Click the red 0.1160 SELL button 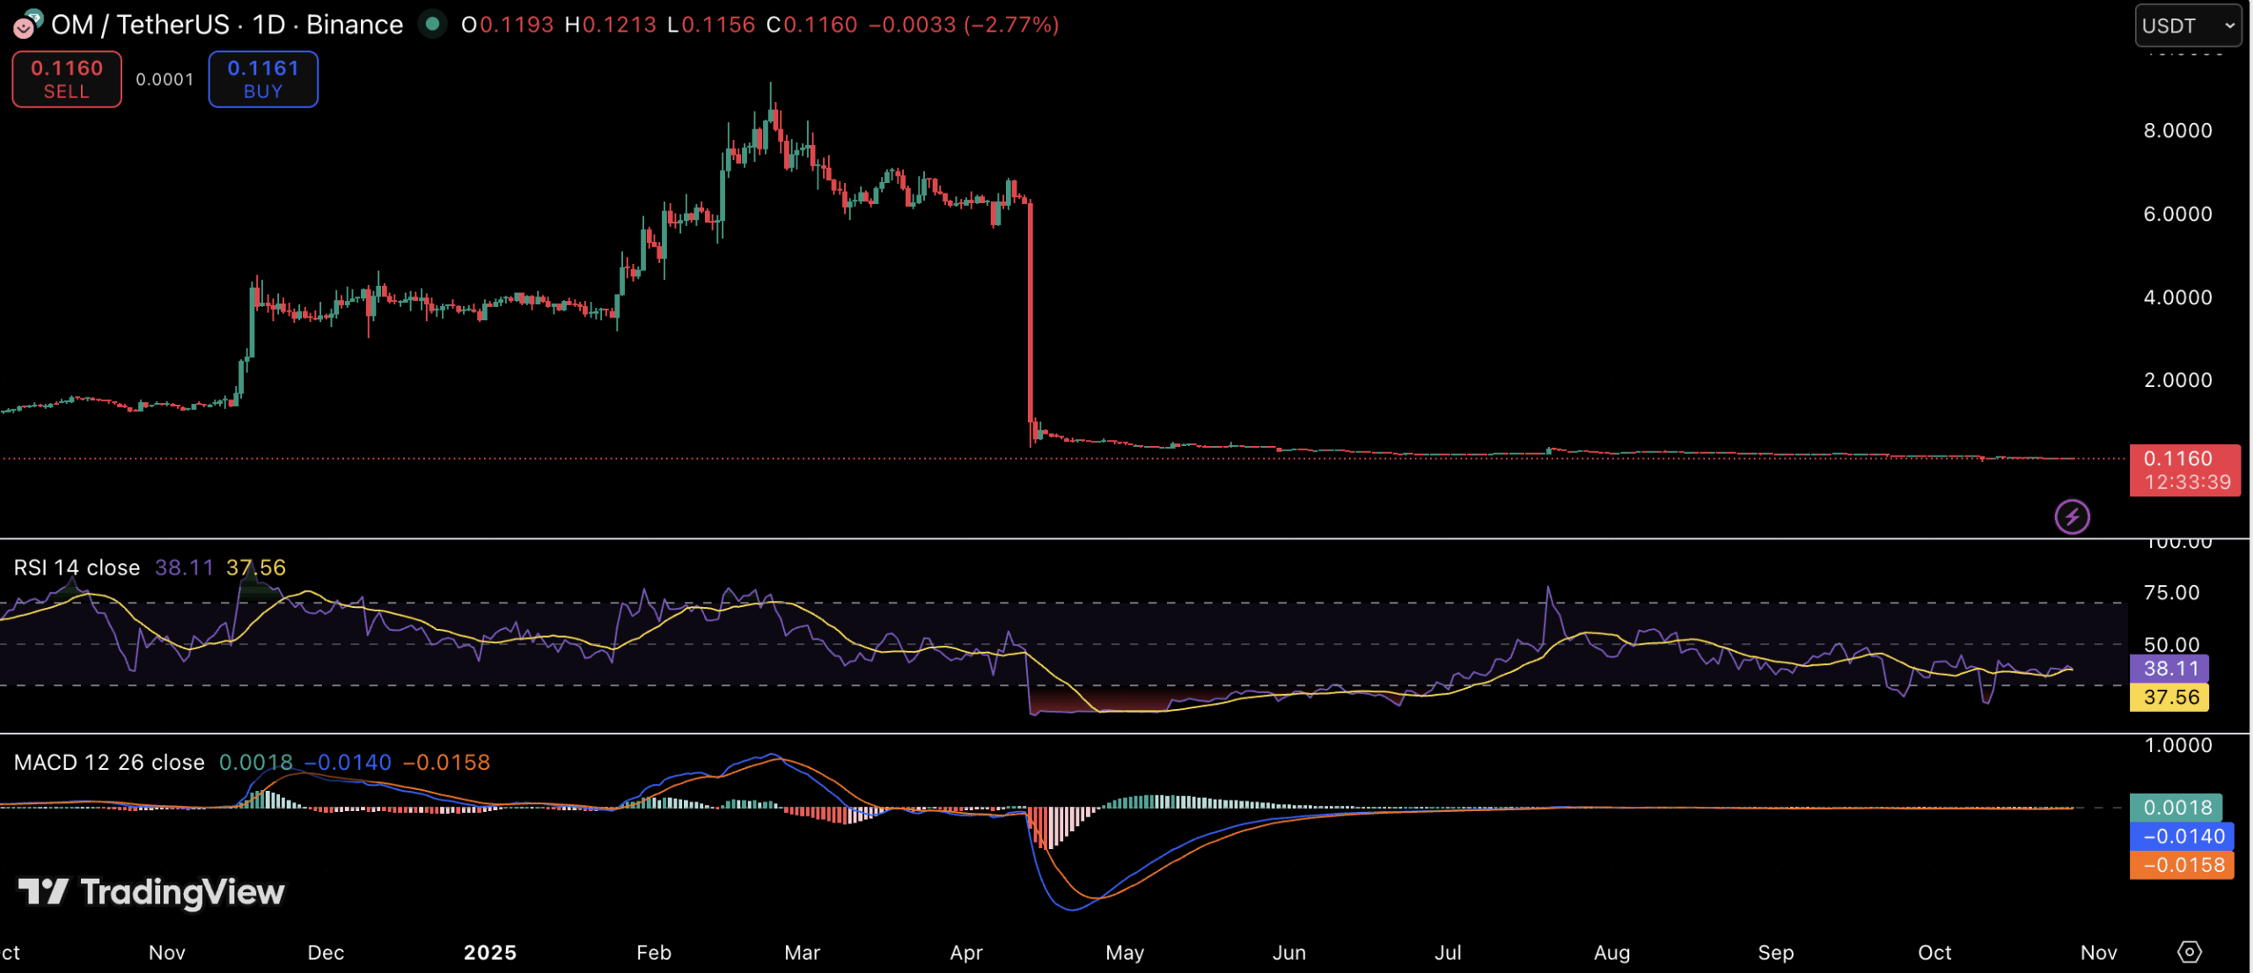(67, 79)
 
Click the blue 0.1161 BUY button (263, 79)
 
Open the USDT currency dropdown (2187, 26)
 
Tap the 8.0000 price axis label (2177, 131)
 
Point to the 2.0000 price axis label (2177, 380)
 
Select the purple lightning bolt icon (2072, 516)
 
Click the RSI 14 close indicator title (77, 567)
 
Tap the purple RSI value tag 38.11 (2170, 669)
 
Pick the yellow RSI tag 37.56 (2170, 698)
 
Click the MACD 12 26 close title (109, 762)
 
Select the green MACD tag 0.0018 (2176, 808)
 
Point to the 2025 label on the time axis (490, 953)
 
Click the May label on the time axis (1125, 953)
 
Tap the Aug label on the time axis (1611, 953)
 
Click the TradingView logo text (181, 892)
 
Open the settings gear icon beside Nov (2189, 952)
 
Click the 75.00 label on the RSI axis (2171, 593)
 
